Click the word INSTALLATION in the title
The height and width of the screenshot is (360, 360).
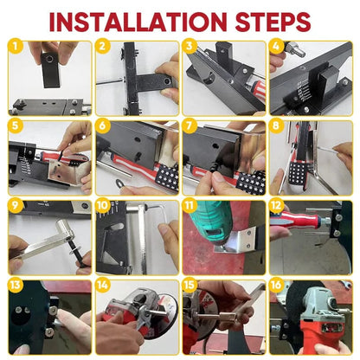coord(138,22)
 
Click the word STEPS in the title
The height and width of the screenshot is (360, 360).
coord(273,22)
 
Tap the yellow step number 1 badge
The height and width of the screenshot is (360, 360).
coord(15,46)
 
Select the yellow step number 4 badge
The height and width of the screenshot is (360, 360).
coord(276,46)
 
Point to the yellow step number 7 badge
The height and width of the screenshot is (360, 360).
coord(190,126)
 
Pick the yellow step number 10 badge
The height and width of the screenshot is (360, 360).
coord(102,206)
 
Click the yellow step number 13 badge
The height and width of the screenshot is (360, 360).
coord(15,286)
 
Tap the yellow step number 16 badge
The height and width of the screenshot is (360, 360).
coord(276,286)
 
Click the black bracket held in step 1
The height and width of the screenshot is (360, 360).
coord(50,70)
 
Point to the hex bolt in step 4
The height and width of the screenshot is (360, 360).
coord(295,49)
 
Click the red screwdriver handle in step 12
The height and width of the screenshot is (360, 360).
coord(297,220)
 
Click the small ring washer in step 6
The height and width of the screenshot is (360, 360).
coord(119,183)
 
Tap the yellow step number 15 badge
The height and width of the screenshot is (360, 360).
coord(190,286)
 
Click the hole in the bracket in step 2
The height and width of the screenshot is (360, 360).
coord(167,80)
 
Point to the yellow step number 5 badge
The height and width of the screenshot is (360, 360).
coord(15,126)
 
